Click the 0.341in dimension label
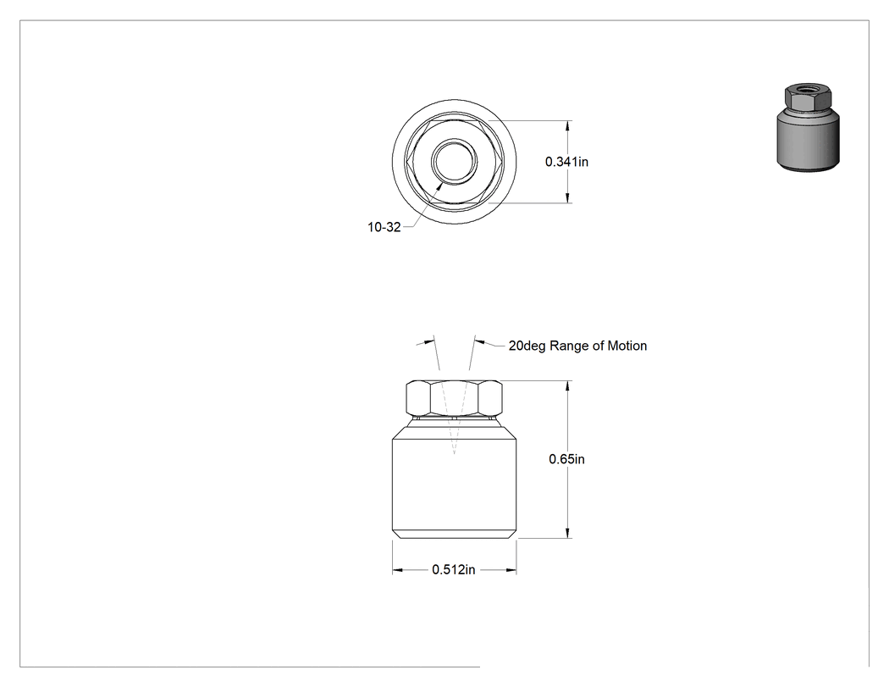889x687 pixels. pyautogui.click(x=566, y=162)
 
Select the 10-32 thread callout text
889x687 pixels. pyautogui.click(x=384, y=227)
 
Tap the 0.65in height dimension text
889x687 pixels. pyautogui.click(x=566, y=459)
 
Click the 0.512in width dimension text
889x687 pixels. pyautogui.click(x=454, y=569)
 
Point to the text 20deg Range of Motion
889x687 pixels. pyautogui.click(x=577, y=346)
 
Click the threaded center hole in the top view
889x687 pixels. pyautogui.click(x=454, y=161)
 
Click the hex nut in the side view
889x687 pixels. pyautogui.click(x=454, y=397)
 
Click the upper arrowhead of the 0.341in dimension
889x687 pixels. pyautogui.click(x=567, y=126)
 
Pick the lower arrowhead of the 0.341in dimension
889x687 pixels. pyautogui.click(x=567, y=197)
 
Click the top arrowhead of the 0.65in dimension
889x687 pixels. pyautogui.click(x=567, y=386)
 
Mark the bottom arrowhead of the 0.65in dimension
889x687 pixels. pyautogui.click(x=567, y=532)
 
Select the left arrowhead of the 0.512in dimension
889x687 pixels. pyautogui.click(x=398, y=569)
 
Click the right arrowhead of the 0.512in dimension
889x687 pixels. pyautogui.click(x=511, y=569)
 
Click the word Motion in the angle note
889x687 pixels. pyautogui.click(x=627, y=346)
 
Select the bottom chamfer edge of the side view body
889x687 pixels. pyautogui.click(x=454, y=534)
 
